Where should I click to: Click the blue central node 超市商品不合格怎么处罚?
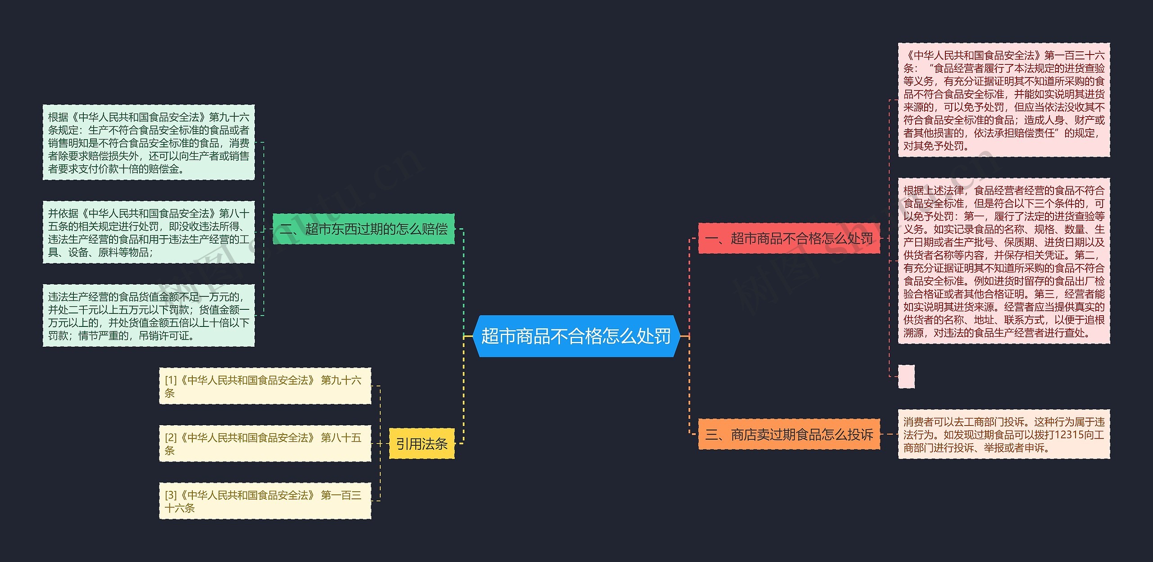pyautogui.click(x=576, y=336)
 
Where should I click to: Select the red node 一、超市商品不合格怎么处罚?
pyautogui.click(x=789, y=238)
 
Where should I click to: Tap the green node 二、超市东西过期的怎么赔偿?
pyautogui.click(x=363, y=229)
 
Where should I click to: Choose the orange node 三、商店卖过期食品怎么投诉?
pyautogui.click(x=789, y=435)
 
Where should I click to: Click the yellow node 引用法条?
pyautogui.click(x=422, y=444)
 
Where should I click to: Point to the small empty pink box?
pyautogui.click(x=906, y=376)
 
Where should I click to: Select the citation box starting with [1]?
pyautogui.click(x=265, y=386)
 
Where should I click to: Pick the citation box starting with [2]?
pyautogui.click(x=265, y=444)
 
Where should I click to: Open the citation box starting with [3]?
pyautogui.click(x=265, y=501)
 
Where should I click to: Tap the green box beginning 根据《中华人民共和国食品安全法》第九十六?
pyautogui.click(x=149, y=143)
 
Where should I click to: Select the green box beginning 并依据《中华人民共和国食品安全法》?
pyautogui.click(x=149, y=232)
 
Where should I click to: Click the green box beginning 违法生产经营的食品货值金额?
pyautogui.click(x=149, y=316)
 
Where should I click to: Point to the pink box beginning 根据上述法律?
pyautogui.click(x=1004, y=261)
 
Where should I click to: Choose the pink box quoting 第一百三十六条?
pyautogui.click(x=1004, y=100)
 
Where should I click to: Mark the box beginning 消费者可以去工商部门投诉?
pyautogui.click(x=1004, y=435)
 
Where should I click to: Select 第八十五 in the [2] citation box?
pyautogui.click(x=341, y=438)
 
